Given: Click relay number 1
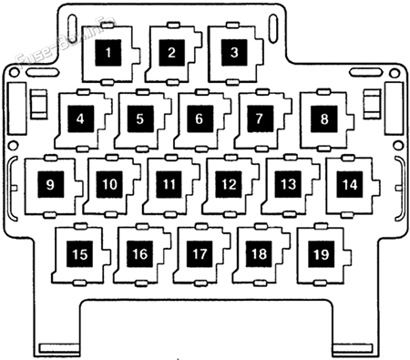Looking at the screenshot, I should [110, 52].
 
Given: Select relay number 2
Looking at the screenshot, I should [170, 52].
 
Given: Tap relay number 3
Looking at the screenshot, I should [233, 52].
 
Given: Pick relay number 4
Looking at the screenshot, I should [81, 118].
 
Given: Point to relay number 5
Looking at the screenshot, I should [139, 118].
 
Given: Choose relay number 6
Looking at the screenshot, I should [199, 118].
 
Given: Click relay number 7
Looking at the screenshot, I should [260, 118].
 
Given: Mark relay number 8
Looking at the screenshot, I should [323, 118].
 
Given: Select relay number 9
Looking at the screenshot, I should [49, 184].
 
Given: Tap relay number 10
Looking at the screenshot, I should [109, 184].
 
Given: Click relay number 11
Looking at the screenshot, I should [169, 184].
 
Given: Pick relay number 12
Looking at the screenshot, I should [228, 184].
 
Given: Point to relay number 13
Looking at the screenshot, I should [288, 184].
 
